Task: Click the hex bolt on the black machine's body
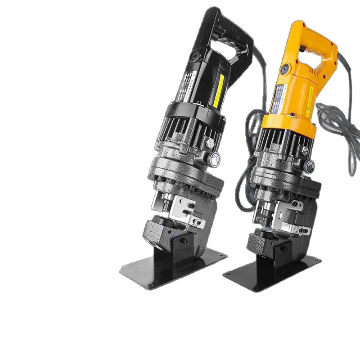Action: (x=209, y=144)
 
